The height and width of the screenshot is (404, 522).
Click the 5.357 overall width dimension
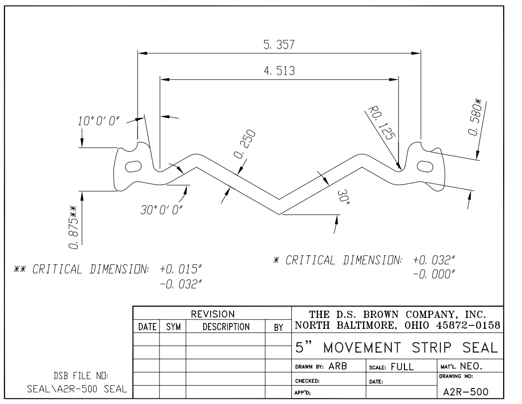click(x=279, y=45)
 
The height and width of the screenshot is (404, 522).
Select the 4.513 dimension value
click(x=279, y=71)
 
